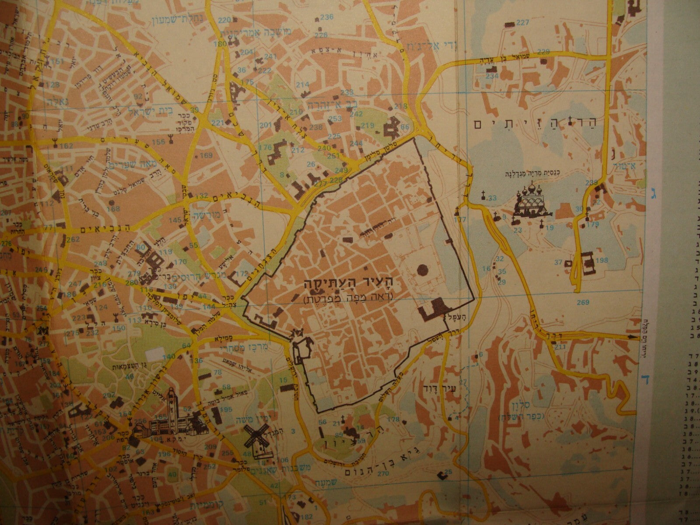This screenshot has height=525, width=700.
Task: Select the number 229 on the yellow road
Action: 543,52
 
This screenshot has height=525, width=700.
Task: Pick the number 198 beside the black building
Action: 602,261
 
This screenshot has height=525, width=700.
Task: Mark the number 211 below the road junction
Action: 560,347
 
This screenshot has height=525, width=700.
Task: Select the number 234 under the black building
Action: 492,76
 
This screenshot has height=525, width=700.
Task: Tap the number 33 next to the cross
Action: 492,198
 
